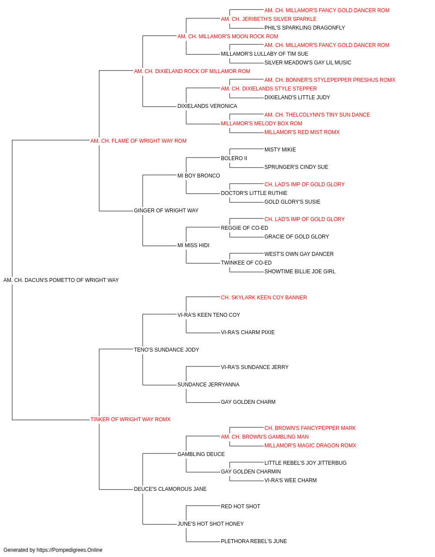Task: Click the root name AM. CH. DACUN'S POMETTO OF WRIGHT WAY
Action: click(61, 280)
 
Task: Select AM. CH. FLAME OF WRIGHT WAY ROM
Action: click(138, 141)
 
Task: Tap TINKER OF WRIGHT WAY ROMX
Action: click(130, 419)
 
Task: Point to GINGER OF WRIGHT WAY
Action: click(166, 211)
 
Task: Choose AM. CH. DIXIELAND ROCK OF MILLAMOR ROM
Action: click(192, 71)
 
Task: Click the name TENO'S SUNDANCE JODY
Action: click(166, 350)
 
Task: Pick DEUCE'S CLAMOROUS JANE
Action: click(170, 489)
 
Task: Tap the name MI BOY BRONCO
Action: click(198, 176)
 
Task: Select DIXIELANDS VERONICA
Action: click(207, 106)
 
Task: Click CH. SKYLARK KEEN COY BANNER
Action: click(264, 298)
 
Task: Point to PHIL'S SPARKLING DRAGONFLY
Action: click(304, 28)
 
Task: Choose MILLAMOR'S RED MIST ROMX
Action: click(302, 132)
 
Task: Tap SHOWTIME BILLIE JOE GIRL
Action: click(300, 272)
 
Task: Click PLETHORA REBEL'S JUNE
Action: click(254, 541)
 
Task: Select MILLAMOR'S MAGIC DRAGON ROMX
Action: click(310, 446)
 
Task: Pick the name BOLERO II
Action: click(234, 158)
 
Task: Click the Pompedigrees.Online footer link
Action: click(69, 550)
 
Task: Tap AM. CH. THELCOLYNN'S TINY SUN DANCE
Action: click(317, 115)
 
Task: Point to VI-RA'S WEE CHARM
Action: click(291, 480)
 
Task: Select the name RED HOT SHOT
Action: click(241, 507)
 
